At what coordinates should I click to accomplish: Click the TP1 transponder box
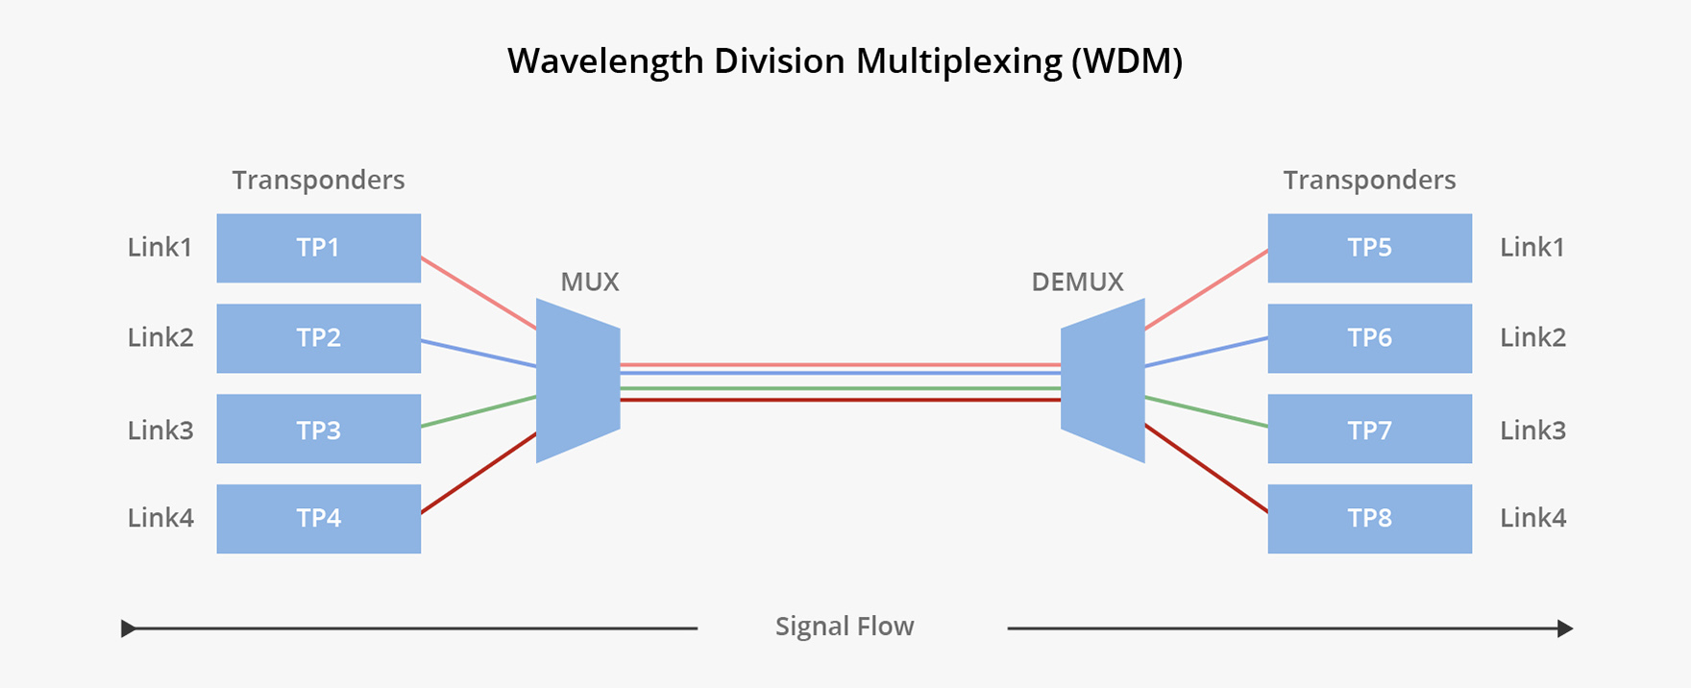point(318,248)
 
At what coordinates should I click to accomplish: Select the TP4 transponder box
point(318,519)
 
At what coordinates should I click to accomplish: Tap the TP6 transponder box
point(1369,338)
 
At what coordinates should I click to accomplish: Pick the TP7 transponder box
point(1369,430)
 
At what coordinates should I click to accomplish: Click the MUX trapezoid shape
point(577,381)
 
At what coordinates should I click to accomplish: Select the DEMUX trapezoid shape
point(1103,381)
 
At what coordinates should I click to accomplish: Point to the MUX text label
point(590,282)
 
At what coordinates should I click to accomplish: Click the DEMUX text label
point(1077,282)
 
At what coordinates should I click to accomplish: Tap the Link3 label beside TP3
point(160,430)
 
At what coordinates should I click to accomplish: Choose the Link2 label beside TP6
point(1532,338)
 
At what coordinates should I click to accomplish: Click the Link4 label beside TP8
point(1532,518)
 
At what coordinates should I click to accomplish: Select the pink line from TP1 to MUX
point(478,293)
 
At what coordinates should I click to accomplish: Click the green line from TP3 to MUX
point(478,411)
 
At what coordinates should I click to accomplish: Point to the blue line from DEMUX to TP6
point(1206,352)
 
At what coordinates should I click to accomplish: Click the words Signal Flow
point(845,627)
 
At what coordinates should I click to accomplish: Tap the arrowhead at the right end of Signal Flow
point(1565,628)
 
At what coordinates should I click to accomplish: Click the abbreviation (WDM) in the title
point(1126,61)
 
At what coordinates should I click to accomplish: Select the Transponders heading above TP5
point(1369,181)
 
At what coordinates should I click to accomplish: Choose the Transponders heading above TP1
point(318,181)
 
